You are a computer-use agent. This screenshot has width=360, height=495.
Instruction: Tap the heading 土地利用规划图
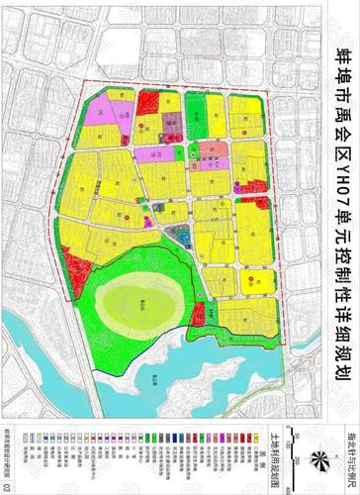[x=272, y=458]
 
